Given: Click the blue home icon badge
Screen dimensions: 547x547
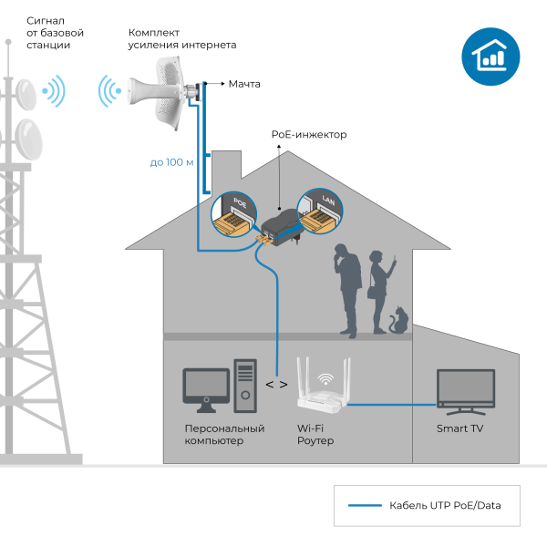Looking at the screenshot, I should pos(491,57).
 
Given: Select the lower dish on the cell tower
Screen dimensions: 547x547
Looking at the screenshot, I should pos(28,139).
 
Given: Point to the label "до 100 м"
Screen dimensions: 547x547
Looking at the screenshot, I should pos(172,162).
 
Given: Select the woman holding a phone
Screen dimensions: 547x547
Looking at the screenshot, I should pos(377,292).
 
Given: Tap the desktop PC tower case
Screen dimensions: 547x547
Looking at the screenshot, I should pos(245,387).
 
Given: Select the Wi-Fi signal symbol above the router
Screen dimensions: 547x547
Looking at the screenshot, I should pos(324,377).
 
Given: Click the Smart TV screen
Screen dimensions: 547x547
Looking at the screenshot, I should pos(465,387).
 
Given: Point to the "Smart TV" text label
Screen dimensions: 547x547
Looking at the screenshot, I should pos(459,428).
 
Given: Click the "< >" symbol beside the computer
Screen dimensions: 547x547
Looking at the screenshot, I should pos(276,384).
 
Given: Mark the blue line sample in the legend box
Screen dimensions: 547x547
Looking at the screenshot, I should pos(365,505).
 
